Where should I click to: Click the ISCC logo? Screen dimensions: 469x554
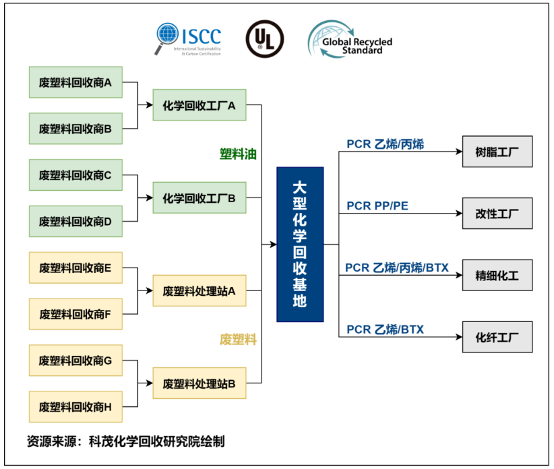(189, 39)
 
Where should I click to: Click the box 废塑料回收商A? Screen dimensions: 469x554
(75, 83)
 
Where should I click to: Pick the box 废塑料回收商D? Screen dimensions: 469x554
(75, 221)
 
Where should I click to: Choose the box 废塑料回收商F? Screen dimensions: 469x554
(75, 314)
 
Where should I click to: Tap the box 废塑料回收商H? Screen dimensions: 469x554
(75, 406)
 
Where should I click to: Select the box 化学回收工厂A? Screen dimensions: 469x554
(199, 106)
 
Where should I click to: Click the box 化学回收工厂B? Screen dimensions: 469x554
(199, 198)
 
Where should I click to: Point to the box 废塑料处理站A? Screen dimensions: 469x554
(199, 291)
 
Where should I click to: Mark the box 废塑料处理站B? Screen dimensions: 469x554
(199, 384)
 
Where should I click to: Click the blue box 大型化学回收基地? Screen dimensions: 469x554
(300, 244)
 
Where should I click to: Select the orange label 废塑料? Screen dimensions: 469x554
(238, 339)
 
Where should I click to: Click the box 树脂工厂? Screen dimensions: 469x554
(497, 151)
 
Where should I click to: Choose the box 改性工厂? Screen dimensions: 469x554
(497, 214)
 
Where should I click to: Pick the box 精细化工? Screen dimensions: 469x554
(497, 275)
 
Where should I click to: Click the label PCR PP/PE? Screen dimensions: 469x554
(377, 205)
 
